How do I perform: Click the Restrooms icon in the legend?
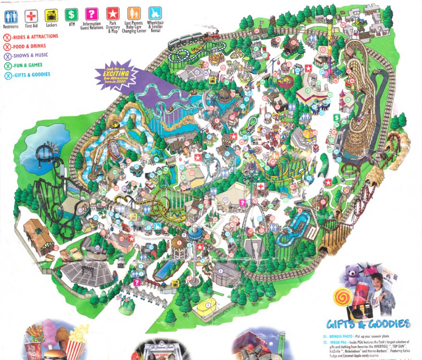click(11, 17)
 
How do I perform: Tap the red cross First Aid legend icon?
click(31, 15)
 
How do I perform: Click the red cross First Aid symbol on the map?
click(260, 186)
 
